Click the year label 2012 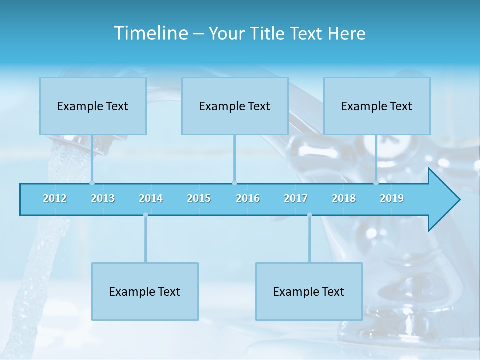tap(55, 198)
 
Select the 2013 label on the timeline tap(103, 198)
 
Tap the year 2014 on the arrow tap(151, 198)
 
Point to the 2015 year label tap(199, 198)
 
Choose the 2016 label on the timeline tap(248, 198)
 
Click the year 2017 tap(296, 198)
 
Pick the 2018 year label tap(344, 198)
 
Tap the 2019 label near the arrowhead tap(392, 198)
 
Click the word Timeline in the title tap(150, 33)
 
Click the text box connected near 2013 tap(93, 106)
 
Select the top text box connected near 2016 tap(235, 106)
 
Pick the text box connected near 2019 tap(377, 106)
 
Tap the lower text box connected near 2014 tap(145, 291)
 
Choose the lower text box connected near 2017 tap(309, 291)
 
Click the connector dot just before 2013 tap(92, 183)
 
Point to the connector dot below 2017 tap(309, 215)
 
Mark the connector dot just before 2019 tap(376, 183)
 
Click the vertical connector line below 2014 tap(145, 240)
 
